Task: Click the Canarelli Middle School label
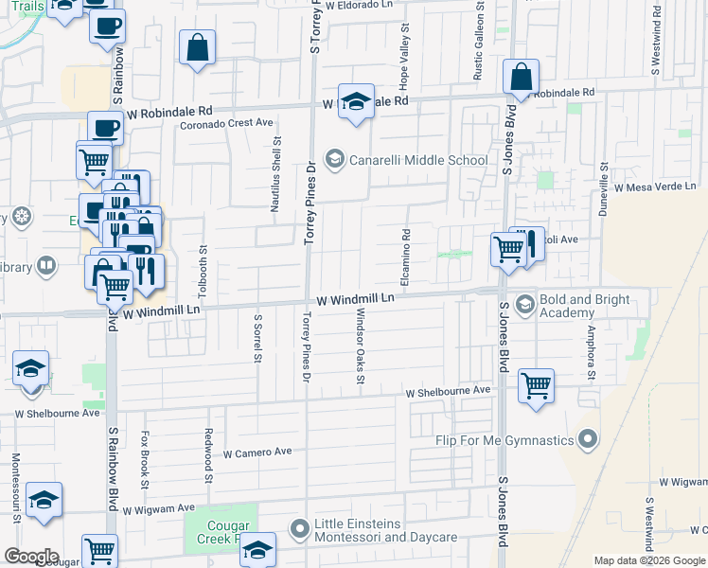point(417,159)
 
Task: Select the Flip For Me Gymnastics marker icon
point(589,439)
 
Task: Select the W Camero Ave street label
point(257,453)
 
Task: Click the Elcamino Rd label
point(405,259)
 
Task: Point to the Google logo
point(31,556)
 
